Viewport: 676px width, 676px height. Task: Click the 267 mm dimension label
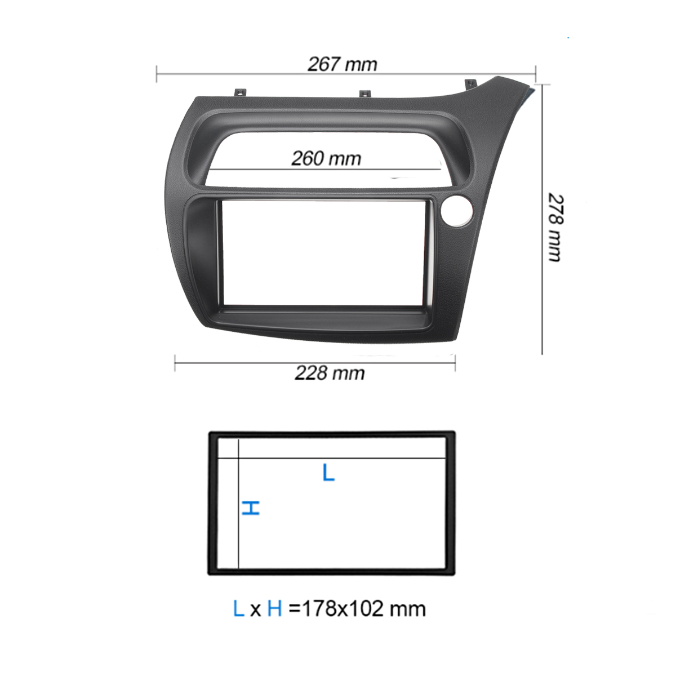point(342,64)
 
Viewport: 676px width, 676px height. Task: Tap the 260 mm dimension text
point(326,158)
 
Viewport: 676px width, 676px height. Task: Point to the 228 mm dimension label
point(330,373)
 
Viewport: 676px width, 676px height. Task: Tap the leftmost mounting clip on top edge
point(241,92)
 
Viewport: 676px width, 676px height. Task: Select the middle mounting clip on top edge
point(364,93)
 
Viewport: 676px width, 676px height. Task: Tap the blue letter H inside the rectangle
point(251,508)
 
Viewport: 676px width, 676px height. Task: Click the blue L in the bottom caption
point(238,608)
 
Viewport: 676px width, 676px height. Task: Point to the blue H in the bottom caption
point(274,608)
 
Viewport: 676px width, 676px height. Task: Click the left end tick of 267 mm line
point(157,74)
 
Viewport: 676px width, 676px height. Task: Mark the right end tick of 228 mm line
point(455,363)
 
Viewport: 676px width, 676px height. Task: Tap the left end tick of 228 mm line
point(175,363)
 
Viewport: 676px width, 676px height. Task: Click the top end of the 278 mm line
point(542,85)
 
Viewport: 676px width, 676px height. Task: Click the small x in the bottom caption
point(256,610)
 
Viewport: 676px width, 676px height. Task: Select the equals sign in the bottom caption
point(295,609)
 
